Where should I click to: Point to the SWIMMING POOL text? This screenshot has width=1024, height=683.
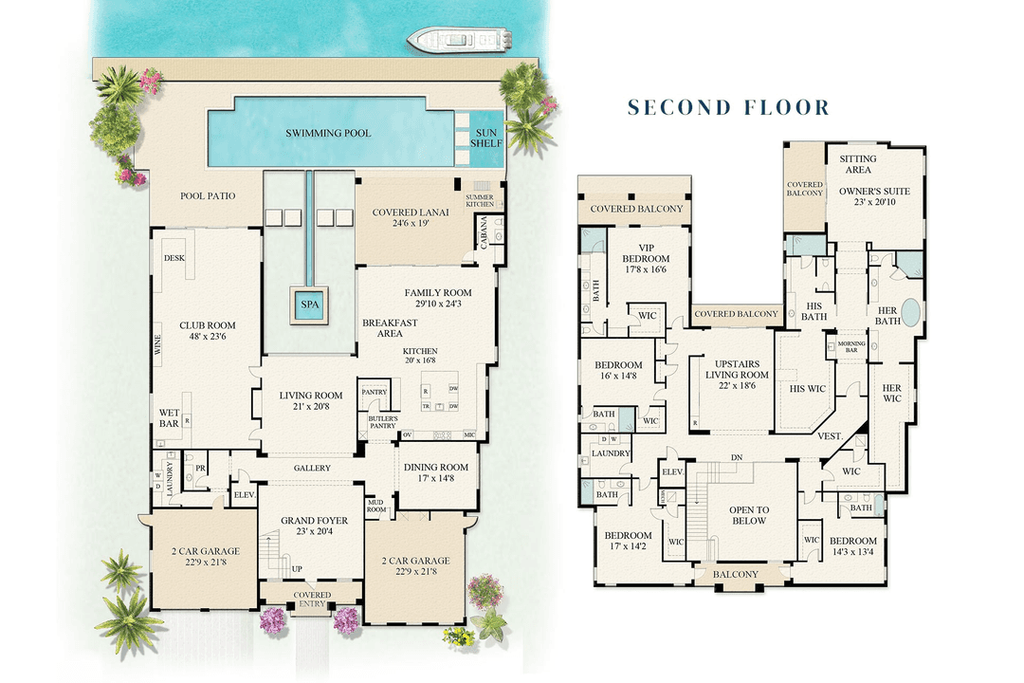328,134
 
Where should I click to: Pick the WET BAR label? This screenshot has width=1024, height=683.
169,417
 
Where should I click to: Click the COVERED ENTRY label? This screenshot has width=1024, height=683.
312,600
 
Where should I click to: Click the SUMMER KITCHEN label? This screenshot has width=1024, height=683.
480,201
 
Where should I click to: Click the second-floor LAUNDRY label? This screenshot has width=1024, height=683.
611,453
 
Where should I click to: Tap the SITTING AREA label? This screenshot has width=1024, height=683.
858,164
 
